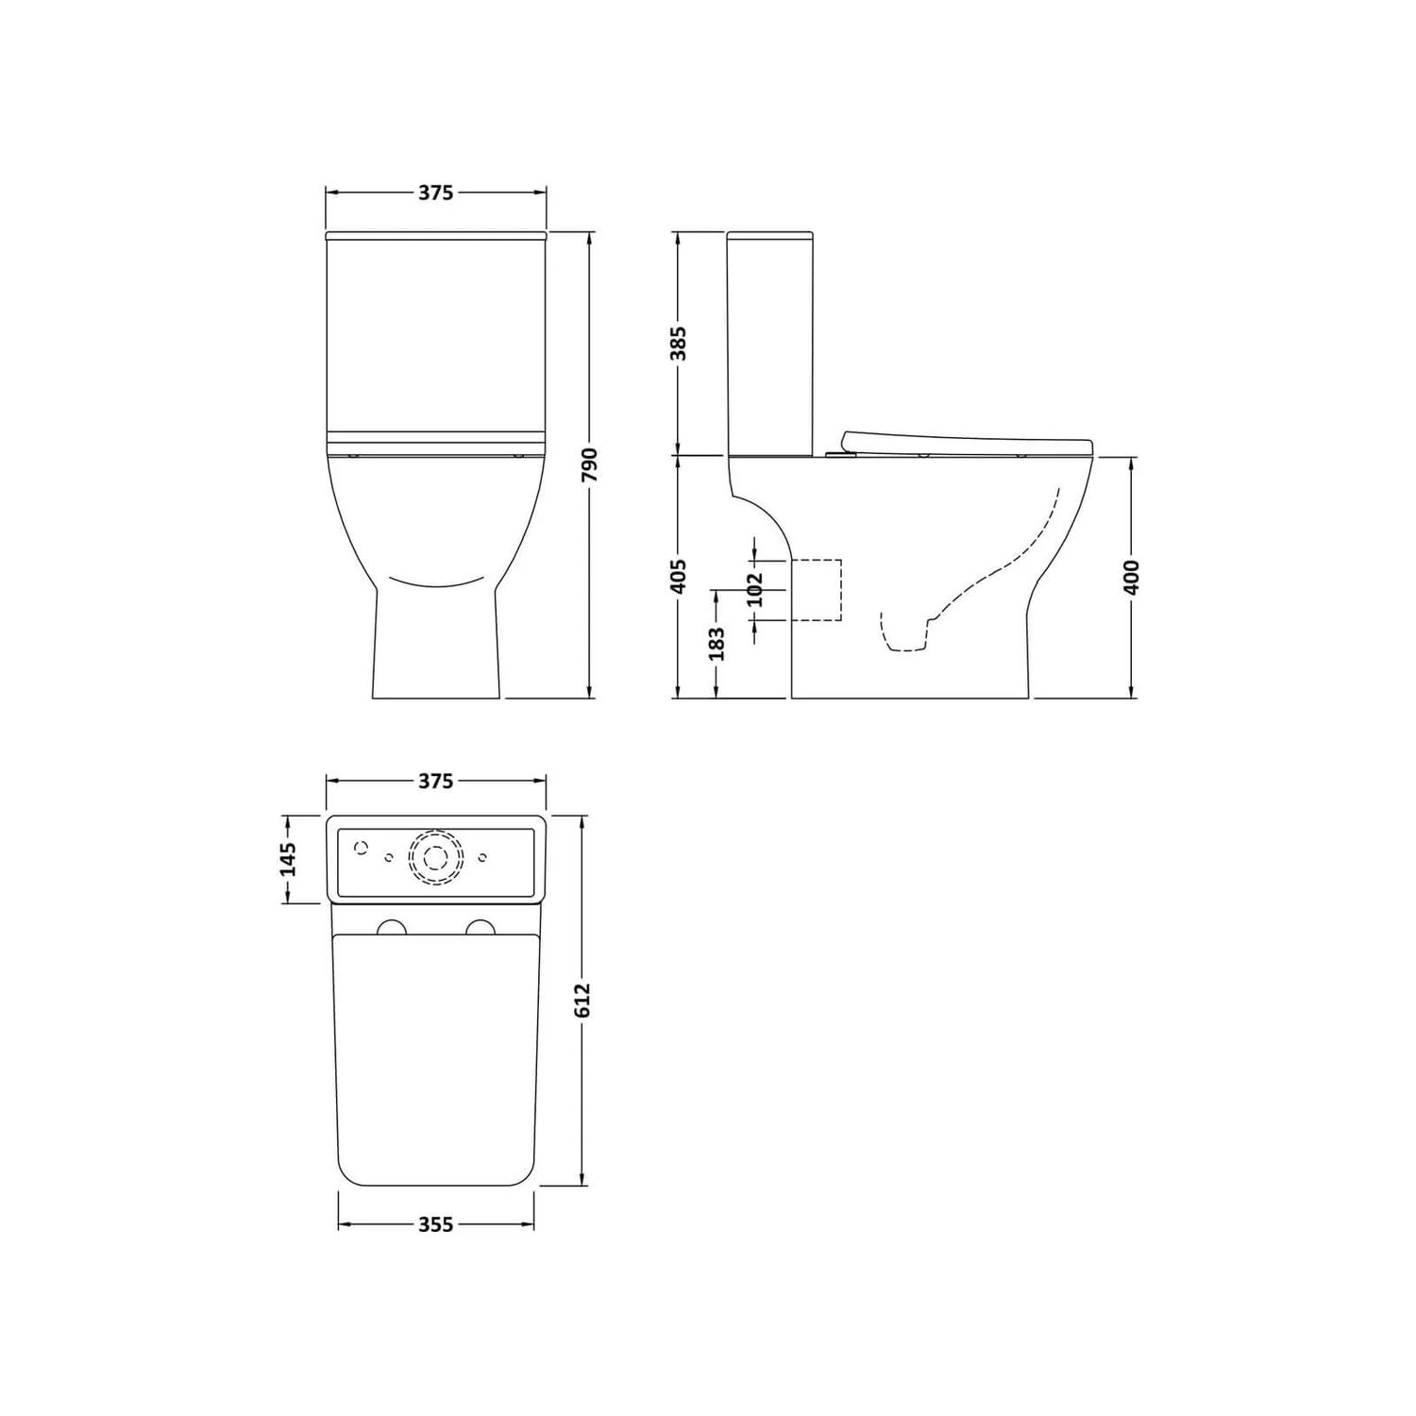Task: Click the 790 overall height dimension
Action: (x=591, y=464)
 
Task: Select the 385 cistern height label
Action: (x=678, y=343)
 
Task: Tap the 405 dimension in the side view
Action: (x=678, y=577)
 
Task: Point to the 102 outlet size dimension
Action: (x=754, y=590)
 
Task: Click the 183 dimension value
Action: (x=716, y=643)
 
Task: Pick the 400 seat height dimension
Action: (x=1132, y=577)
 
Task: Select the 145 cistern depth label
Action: (x=289, y=858)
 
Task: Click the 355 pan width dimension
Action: (x=435, y=1224)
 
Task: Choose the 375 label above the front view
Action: (x=435, y=193)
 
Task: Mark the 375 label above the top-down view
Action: (x=435, y=781)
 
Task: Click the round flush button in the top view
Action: (x=436, y=858)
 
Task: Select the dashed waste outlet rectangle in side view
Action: (x=816, y=590)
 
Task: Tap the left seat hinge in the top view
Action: (x=391, y=927)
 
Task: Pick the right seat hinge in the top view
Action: (x=480, y=927)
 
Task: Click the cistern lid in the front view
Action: (x=435, y=233)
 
